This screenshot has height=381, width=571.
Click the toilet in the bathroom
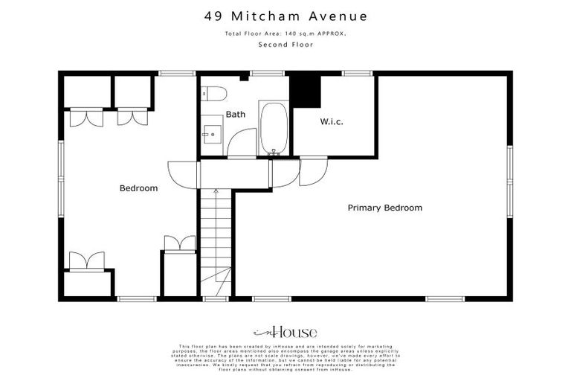point(216,94)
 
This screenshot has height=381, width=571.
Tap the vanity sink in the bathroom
point(210,136)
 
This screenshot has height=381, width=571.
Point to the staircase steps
point(215,231)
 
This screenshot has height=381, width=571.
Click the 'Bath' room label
point(236,115)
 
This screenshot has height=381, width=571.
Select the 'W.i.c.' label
point(331,121)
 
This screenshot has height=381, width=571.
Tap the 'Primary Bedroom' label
point(384,208)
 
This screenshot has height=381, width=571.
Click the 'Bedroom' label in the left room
point(138,188)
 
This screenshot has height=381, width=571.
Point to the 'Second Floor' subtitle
point(285,45)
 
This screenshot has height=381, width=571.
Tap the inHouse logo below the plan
point(285,332)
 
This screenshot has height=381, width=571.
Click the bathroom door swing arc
point(241,142)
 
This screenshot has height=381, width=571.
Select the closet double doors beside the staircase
point(178,243)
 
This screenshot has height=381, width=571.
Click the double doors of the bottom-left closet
point(87,261)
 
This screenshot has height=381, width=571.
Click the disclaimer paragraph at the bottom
point(285,357)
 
